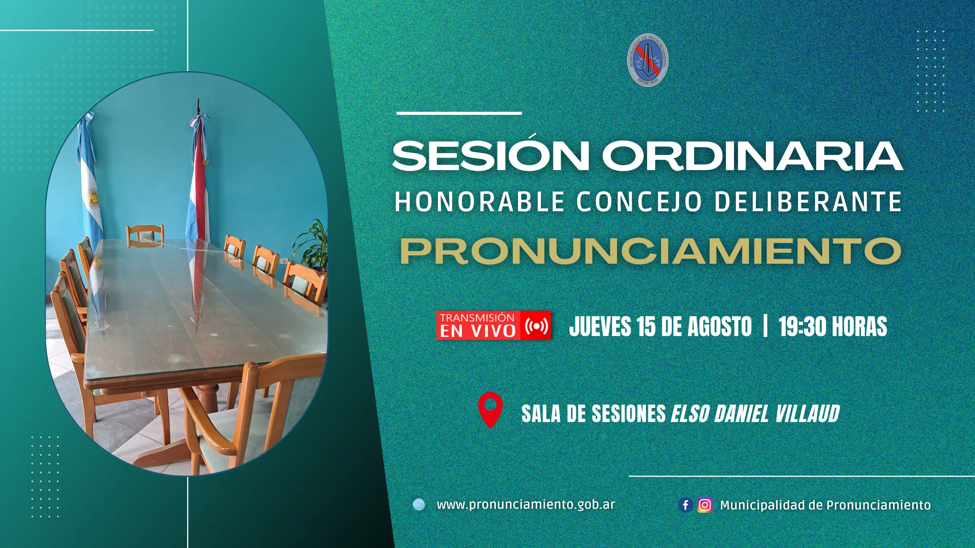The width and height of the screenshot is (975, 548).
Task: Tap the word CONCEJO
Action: coord(639,201)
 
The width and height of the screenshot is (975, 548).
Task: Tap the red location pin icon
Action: coord(490,410)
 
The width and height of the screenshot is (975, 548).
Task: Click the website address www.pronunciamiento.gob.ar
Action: coord(526,505)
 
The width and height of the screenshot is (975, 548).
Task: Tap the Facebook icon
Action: coord(686,505)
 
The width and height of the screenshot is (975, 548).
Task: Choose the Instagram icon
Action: coord(705,505)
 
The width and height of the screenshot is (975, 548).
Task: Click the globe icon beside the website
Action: coord(419,505)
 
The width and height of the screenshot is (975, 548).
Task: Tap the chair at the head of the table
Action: coord(145,235)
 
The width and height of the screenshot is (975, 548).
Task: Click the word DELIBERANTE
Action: coord(808,201)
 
